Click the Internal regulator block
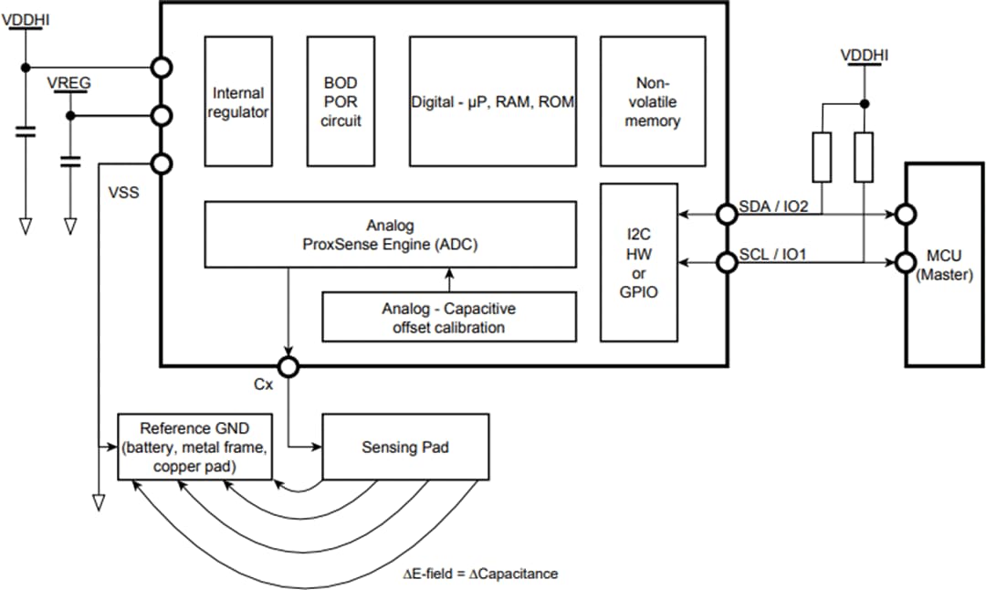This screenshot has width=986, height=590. click(x=238, y=101)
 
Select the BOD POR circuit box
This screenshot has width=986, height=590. click(x=341, y=101)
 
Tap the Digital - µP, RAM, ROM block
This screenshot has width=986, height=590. click(x=492, y=101)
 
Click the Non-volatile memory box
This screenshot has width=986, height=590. click(x=652, y=101)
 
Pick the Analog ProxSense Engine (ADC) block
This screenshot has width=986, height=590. click(x=390, y=235)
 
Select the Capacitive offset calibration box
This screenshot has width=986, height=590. click(x=449, y=317)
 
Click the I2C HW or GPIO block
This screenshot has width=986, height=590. click(x=638, y=263)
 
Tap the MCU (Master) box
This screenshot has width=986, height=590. click(x=944, y=265)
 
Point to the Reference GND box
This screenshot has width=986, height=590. click(x=195, y=447)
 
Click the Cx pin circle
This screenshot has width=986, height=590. click(x=288, y=367)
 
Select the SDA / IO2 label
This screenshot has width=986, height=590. click(x=772, y=207)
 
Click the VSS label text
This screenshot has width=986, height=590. click(x=123, y=194)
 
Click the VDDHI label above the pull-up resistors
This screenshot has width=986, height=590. click(x=864, y=57)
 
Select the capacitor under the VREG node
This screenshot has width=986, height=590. click(x=69, y=162)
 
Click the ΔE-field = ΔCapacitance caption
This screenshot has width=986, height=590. click(x=480, y=574)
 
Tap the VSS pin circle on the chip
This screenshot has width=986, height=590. click(x=162, y=164)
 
